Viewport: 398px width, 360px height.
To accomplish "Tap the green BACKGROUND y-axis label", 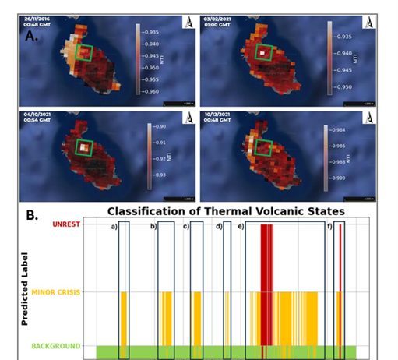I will coord(58,345).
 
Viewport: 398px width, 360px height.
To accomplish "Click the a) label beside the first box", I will coord(113,226).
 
